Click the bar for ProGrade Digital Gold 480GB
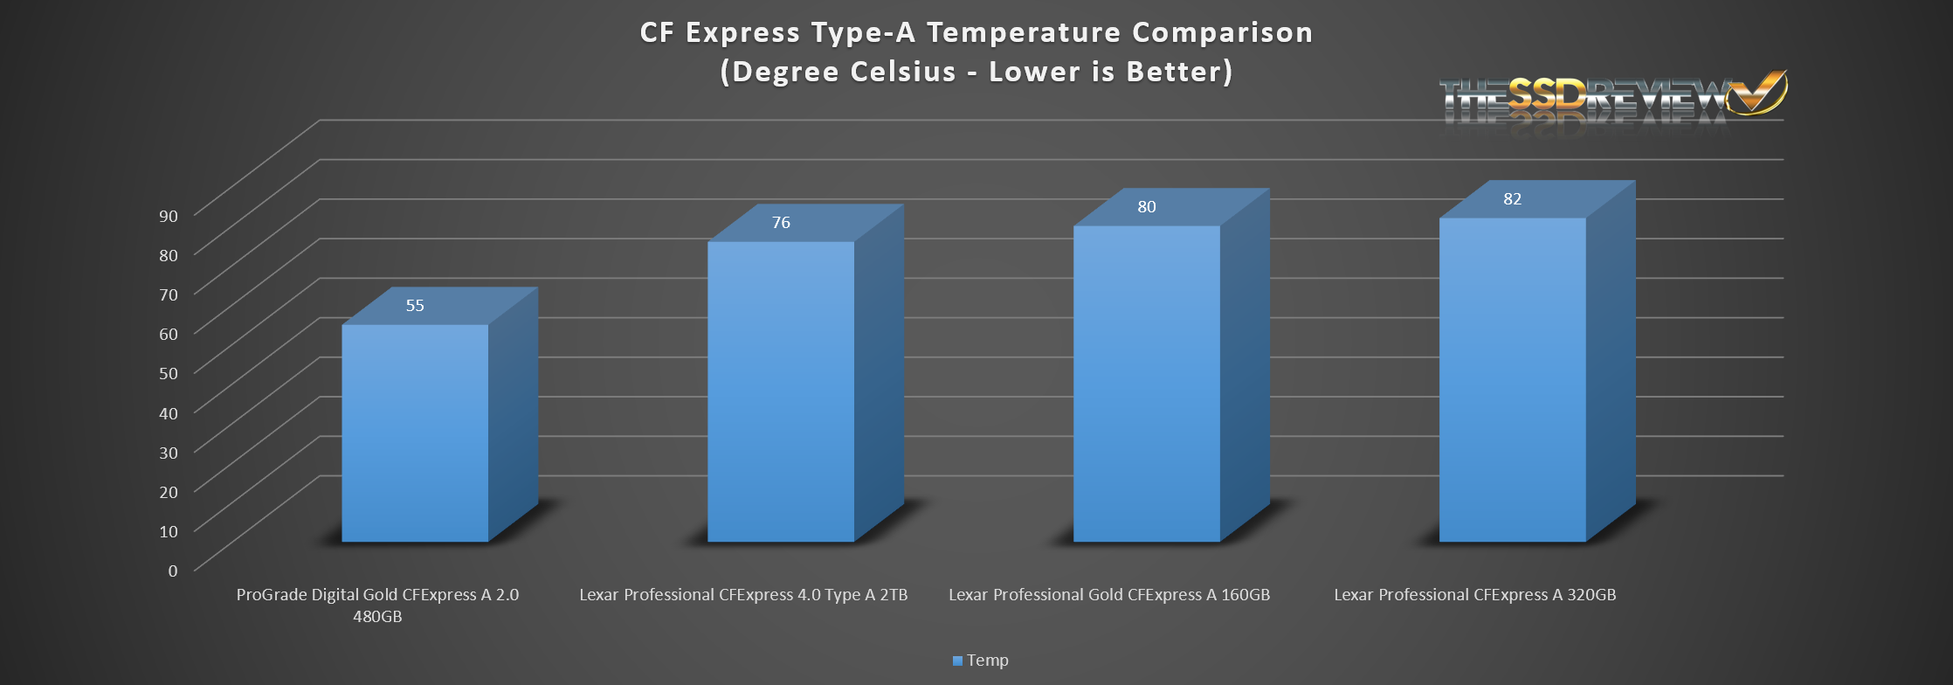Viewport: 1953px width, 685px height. pyautogui.click(x=415, y=432)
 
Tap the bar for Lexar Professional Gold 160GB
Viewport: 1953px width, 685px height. pyautogui.click(x=1146, y=384)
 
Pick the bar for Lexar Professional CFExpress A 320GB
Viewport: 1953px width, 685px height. pyautogui.click(x=1512, y=380)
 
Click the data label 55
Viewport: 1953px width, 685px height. pyautogui.click(x=415, y=306)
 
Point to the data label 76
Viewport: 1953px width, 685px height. pyautogui.click(x=781, y=223)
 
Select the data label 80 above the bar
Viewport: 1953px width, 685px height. pyautogui.click(x=1146, y=207)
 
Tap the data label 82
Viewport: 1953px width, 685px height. pyautogui.click(x=1512, y=199)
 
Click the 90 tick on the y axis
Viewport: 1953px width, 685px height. pyautogui.click(x=169, y=216)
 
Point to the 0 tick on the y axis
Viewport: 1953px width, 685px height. pyautogui.click(x=173, y=571)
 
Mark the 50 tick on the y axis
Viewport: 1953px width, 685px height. pyautogui.click(x=169, y=373)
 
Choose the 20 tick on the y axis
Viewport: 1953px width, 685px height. pyautogui.click(x=169, y=491)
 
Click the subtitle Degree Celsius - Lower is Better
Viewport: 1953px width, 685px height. pyautogui.click(x=976, y=72)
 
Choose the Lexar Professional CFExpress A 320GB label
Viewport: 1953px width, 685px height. pyautogui.click(x=1475, y=595)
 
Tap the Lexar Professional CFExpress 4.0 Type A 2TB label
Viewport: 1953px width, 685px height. pyautogui.click(x=743, y=595)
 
